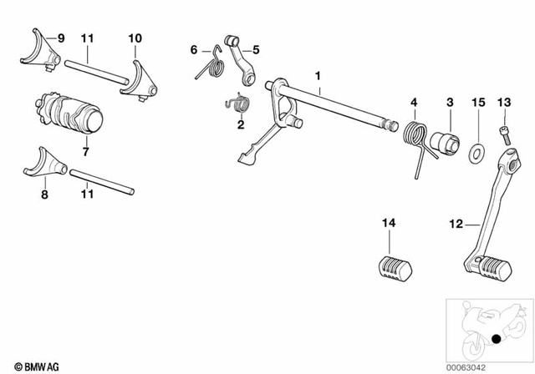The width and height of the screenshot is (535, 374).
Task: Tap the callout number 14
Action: coord(386,223)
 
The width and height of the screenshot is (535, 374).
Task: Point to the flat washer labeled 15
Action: coord(477,153)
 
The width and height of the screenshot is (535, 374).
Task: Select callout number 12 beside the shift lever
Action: coord(456,223)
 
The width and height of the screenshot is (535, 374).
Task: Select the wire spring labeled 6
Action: coord(211,66)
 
